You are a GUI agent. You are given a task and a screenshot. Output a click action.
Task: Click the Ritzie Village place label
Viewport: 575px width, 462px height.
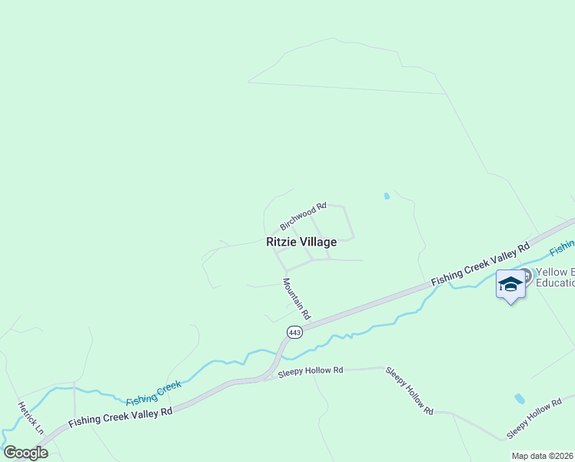pos(301,242)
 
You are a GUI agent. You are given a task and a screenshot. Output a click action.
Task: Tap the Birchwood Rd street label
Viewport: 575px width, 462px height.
pos(304,216)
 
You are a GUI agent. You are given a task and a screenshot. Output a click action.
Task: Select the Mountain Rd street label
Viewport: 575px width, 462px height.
pos(296,299)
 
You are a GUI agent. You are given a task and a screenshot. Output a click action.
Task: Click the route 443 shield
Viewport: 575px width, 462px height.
pos(294,332)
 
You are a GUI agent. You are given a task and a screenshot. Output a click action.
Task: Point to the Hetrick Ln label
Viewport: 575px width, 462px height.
pos(31,417)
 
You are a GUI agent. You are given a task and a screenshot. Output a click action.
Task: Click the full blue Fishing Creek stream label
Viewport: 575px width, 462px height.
pos(154,393)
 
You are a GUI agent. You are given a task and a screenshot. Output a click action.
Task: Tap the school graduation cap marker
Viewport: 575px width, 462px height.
pos(511,284)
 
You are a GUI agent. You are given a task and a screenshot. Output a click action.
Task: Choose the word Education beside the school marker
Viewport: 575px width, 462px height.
pos(555,283)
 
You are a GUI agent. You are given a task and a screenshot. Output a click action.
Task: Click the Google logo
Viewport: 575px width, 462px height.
pos(25,453)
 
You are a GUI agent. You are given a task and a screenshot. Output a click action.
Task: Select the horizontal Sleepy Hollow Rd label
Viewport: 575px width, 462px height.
pos(311,370)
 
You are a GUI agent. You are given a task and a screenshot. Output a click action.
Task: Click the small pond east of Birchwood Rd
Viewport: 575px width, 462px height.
pos(386,196)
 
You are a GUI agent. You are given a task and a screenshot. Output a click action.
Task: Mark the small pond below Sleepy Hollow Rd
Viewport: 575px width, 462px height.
pos(520,399)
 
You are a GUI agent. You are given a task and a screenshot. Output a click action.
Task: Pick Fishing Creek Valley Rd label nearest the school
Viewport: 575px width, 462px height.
pos(480,265)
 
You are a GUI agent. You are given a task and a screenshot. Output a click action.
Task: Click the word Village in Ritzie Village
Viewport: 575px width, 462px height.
pos(318,242)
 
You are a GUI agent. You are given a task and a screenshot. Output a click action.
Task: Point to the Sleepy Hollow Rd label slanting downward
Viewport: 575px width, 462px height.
pos(410,391)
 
